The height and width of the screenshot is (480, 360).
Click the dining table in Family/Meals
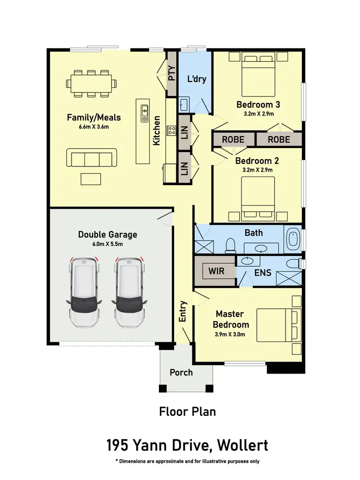click(x=91, y=83)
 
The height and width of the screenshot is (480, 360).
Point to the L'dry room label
click(x=197, y=79)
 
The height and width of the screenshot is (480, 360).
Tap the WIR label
click(x=216, y=271)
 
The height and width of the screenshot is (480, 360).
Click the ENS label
click(x=263, y=272)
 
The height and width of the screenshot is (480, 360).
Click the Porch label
click(x=181, y=372)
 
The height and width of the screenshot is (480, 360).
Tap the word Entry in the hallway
click(x=183, y=312)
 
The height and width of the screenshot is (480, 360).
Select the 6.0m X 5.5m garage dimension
click(x=108, y=244)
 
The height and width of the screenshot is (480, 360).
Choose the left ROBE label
click(x=233, y=140)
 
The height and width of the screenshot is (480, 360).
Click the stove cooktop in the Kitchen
click(x=171, y=130)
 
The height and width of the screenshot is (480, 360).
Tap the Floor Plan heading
click(x=187, y=411)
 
